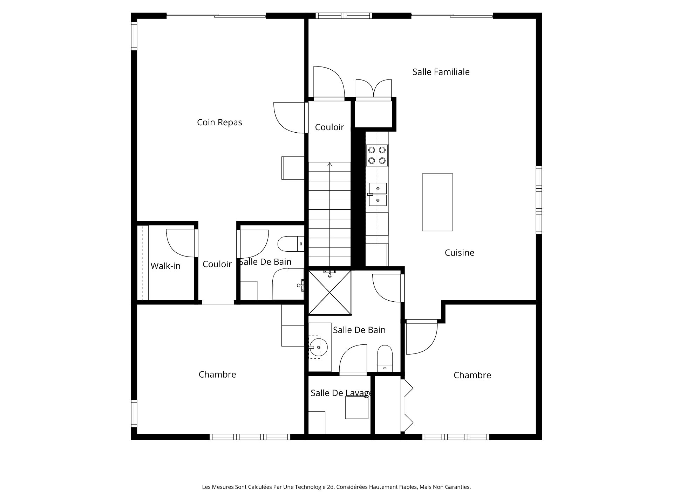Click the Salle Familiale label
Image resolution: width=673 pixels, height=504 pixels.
pyautogui.click(x=441, y=72)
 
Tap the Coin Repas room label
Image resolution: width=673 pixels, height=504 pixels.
pyautogui.click(x=219, y=122)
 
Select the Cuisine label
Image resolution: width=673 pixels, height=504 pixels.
pyautogui.click(x=459, y=252)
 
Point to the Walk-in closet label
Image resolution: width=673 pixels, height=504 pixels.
pyautogui.click(x=165, y=266)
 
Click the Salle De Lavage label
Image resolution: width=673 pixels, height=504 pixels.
pyautogui.click(x=341, y=393)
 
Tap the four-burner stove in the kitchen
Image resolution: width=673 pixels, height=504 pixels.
pyautogui.click(x=377, y=155)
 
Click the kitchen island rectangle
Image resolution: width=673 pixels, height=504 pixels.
pyautogui.click(x=437, y=202)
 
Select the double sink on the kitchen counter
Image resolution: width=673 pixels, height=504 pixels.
pyautogui.click(x=378, y=194)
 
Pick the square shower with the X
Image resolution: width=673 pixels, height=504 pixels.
pyautogui.click(x=329, y=293)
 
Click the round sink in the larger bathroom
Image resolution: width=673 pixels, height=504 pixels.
pyautogui.click(x=318, y=347)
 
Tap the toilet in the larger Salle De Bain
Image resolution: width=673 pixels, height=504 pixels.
pyautogui.click(x=385, y=358)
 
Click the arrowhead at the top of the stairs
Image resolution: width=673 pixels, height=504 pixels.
pyautogui.click(x=329, y=164)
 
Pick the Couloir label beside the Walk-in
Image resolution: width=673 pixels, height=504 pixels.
pyautogui.click(x=217, y=264)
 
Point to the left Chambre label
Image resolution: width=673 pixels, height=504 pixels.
pyautogui.click(x=217, y=374)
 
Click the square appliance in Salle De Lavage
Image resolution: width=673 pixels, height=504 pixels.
pyautogui.click(x=356, y=407)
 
